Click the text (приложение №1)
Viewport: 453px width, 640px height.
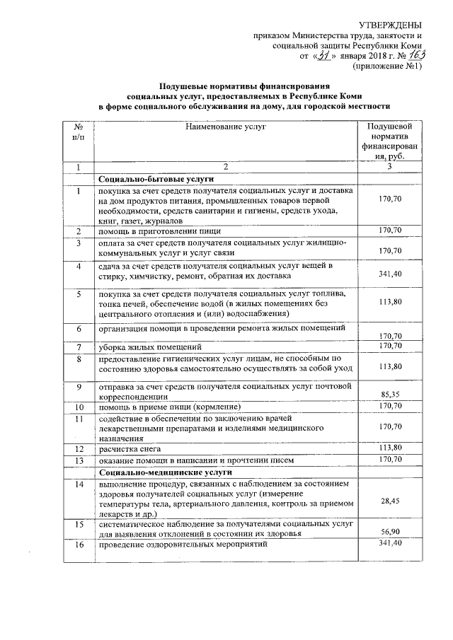387,66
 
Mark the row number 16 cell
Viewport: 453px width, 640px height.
78,546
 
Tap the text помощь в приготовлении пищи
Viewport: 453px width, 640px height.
159,231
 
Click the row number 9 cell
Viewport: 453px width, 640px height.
78,388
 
